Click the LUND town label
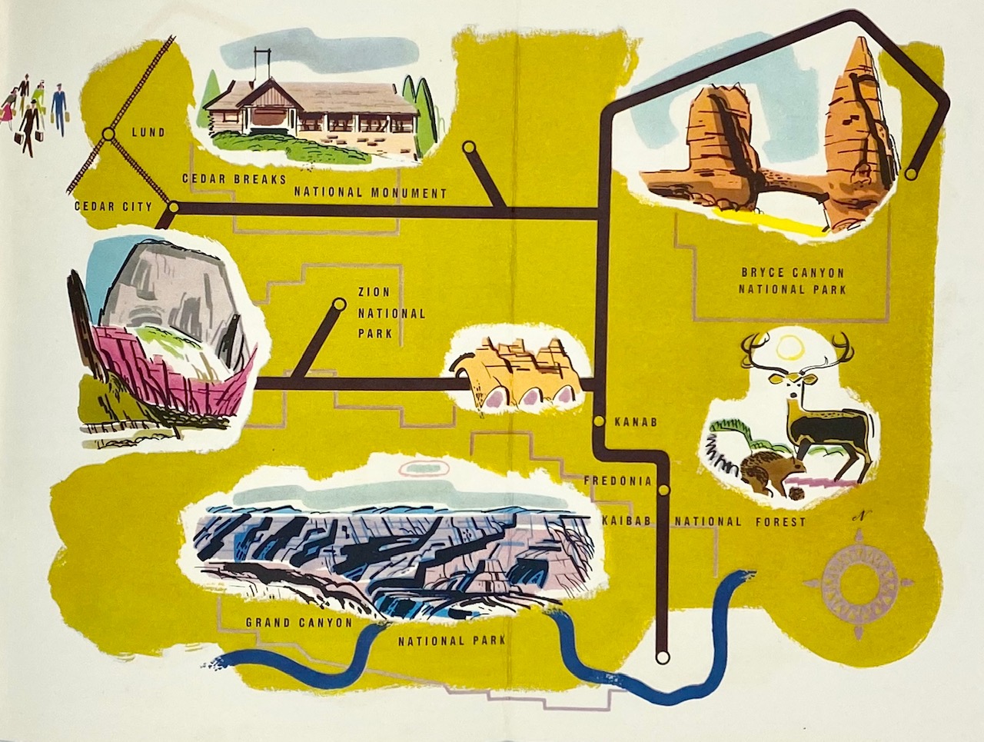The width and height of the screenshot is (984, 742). point(148,132)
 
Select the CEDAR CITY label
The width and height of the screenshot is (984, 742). point(105,206)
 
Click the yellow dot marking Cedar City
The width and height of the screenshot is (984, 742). point(173,207)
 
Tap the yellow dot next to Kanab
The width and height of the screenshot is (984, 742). point(599,421)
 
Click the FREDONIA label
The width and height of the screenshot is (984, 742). point(617,481)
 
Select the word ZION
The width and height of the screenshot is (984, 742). point(374,292)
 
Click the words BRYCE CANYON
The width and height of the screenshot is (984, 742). point(792,272)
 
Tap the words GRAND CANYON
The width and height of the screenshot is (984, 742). point(298,623)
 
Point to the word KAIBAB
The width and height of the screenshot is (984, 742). point(626,521)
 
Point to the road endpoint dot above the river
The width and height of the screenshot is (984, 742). point(662,657)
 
